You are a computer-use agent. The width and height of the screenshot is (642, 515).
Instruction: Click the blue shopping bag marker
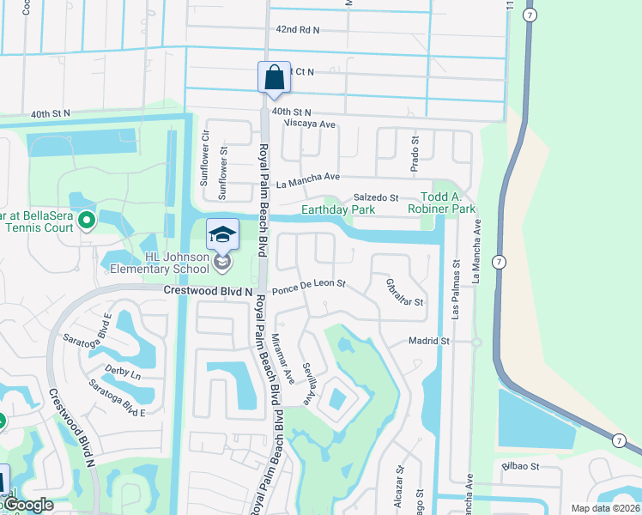coord(274,77)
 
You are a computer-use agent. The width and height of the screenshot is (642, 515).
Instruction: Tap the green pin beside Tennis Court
coord(86,221)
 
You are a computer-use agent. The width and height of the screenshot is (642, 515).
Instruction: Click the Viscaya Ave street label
coord(303,124)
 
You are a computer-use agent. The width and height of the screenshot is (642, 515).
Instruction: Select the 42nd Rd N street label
coord(297,29)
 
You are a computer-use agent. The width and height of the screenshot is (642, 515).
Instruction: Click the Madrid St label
coord(428,341)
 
